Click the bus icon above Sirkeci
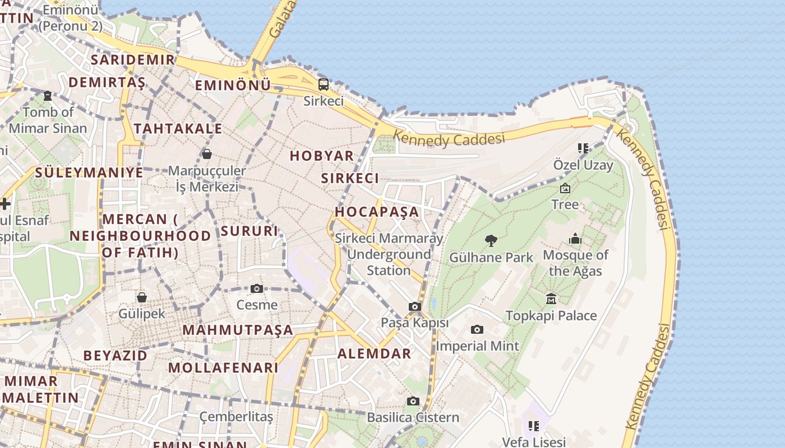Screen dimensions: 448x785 324,85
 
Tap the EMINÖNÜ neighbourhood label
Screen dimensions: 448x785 233,85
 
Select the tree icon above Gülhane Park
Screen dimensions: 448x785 491,241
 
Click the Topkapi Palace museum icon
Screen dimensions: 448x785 551,298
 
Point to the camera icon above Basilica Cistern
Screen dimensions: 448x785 413,401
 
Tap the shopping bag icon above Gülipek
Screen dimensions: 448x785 142,297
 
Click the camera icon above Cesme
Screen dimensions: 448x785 257,288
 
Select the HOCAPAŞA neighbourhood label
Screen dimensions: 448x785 377,212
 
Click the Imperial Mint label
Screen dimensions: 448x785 478,346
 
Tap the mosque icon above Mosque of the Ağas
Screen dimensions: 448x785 575,239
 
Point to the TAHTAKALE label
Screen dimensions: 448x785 178,128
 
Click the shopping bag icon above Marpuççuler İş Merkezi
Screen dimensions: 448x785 207,153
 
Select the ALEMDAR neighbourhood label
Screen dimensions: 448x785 374,353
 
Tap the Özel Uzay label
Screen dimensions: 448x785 583,165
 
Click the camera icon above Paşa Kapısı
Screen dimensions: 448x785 415,306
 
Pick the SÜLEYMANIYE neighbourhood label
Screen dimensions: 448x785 89,172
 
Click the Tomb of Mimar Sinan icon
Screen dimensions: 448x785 48,96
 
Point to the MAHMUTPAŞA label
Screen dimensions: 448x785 238,330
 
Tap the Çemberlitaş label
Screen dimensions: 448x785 237,417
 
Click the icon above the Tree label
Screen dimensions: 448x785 565,188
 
